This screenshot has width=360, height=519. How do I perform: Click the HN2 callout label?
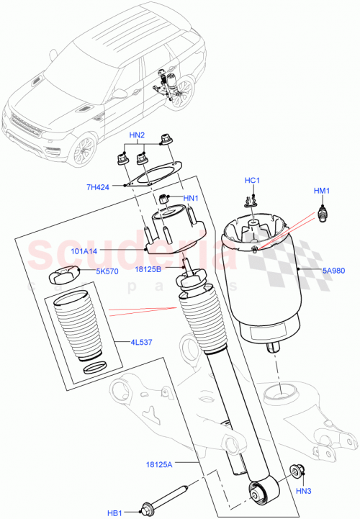(x=137, y=135)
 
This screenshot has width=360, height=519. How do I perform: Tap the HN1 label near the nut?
(x=190, y=199)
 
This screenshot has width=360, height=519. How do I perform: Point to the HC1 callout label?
(x=252, y=181)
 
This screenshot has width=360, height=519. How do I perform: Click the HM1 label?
(x=321, y=191)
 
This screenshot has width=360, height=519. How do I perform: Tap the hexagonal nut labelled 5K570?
(x=66, y=274)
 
